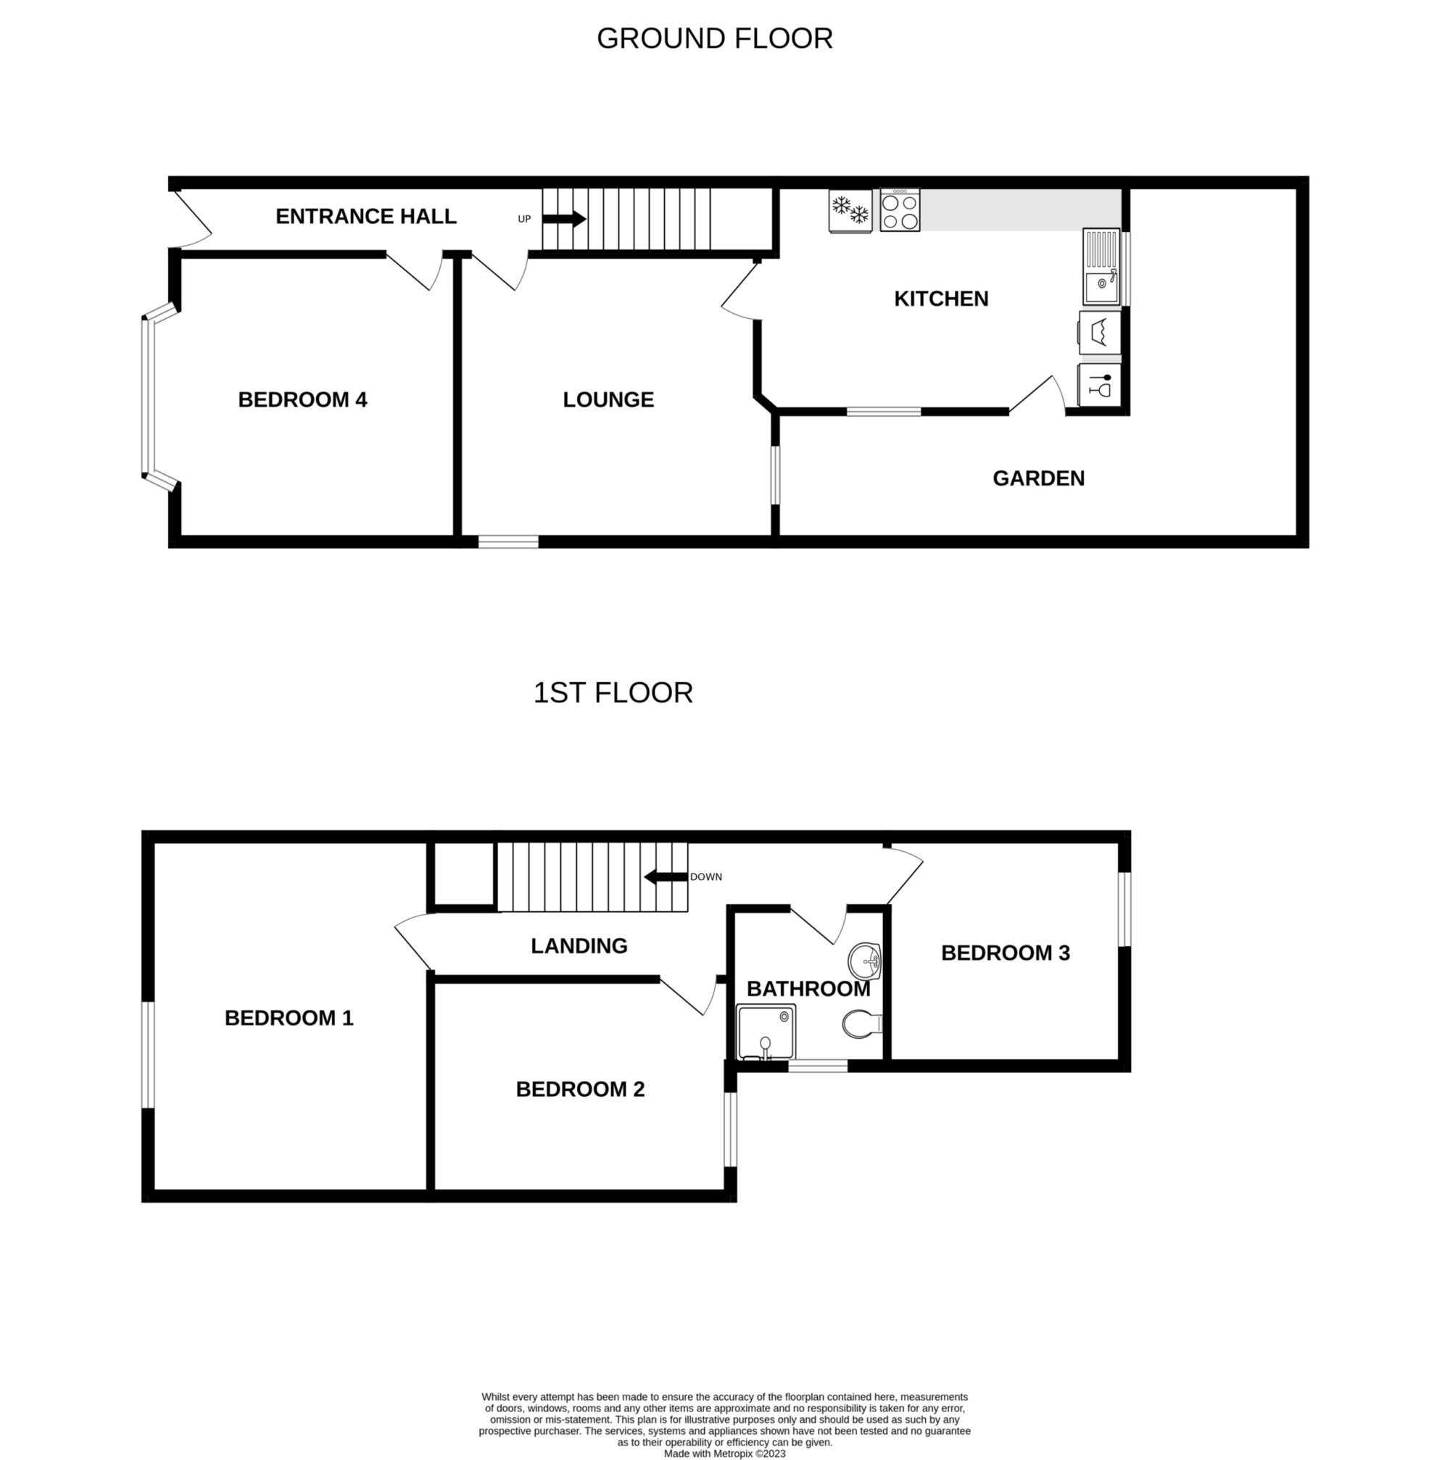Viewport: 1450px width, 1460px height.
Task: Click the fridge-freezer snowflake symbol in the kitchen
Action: point(850,210)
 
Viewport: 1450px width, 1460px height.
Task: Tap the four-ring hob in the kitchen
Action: point(900,210)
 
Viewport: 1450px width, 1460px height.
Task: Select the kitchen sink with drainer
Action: point(1101,267)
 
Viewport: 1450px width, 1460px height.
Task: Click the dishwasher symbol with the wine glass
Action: point(1099,386)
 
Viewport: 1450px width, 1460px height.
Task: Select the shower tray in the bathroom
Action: point(766,1032)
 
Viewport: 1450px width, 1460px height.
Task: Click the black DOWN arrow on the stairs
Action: point(666,876)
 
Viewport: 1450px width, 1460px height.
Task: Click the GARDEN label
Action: point(1038,478)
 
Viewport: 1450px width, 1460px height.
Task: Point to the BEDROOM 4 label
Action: point(302,399)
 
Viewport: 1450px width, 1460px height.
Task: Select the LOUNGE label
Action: point(608,399)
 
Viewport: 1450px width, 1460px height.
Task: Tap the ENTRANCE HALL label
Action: point(365,217)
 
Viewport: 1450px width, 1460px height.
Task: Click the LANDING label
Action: point(579,946)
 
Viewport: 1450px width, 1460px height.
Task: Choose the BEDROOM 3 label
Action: point(1005,953)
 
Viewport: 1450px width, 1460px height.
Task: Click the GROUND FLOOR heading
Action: point(714,38)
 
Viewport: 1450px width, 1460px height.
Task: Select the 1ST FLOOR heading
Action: point(613,693)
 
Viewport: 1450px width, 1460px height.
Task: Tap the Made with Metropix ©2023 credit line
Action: point(724,1453)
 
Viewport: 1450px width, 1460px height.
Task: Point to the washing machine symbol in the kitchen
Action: point(1099,333)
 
